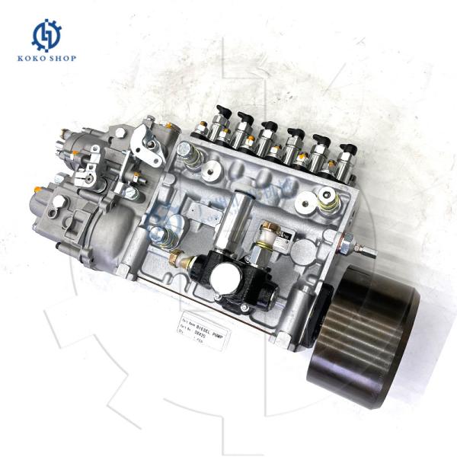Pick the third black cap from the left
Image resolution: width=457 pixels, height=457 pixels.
click(x=269, y=126)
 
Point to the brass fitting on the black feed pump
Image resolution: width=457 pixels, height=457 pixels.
click(x=178, y=258)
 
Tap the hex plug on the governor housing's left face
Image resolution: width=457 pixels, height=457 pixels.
click(x=59, y=201)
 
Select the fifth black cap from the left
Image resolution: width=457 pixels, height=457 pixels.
click(x=320, y=141)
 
